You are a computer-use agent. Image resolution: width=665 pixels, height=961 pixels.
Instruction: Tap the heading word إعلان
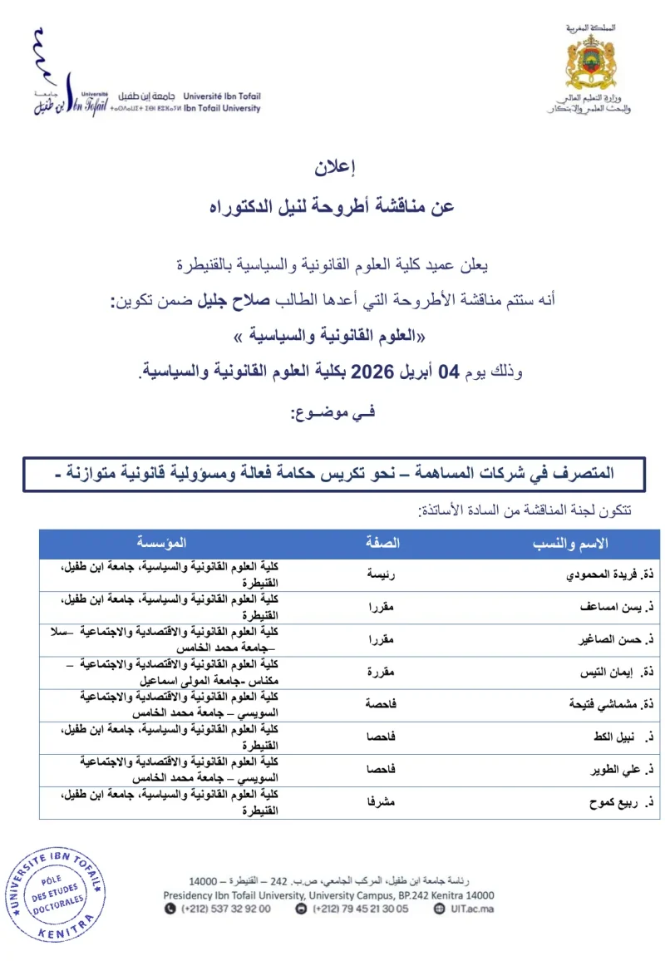(336, 166)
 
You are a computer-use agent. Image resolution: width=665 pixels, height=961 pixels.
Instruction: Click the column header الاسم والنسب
(569, 544)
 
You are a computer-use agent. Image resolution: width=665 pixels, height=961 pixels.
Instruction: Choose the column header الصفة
(383, 544)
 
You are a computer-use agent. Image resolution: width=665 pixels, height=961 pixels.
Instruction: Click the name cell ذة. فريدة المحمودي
(612, 575)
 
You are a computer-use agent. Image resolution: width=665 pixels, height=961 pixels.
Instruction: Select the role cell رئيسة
(382, 575)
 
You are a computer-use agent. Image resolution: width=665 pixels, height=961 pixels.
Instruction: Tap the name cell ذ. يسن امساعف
(615, 608)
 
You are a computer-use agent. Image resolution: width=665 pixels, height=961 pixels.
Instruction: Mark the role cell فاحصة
(382, 705)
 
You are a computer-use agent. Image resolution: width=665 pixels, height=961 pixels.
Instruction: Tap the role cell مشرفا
(382, 803)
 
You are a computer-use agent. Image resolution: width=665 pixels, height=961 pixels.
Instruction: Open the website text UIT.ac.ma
(475, 909)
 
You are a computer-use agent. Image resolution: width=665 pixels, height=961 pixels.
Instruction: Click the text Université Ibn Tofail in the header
(222, 96)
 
